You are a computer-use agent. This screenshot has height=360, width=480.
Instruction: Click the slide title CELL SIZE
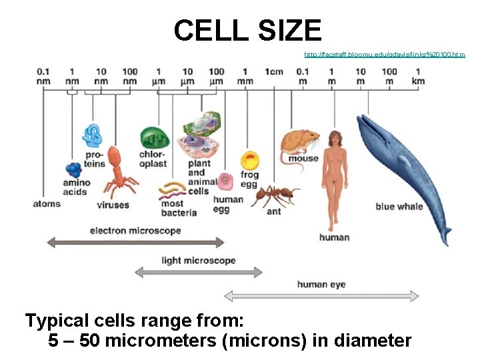coord(247,31)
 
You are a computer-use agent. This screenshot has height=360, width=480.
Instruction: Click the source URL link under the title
coord(385,54)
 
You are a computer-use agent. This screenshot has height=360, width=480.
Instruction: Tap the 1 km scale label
coord(418,76)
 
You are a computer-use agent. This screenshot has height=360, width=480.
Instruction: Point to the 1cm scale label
coord(273,71)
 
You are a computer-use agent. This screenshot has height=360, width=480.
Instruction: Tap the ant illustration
coord(274,195)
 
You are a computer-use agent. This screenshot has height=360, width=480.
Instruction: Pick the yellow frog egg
coord(249,161)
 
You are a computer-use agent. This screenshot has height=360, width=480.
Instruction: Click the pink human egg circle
coord(227,180)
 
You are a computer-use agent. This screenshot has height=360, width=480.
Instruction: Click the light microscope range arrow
coord(199,271)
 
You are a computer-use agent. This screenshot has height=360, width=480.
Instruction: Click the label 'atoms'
coord(47,204)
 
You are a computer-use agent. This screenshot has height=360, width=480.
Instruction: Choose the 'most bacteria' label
coord(179,208)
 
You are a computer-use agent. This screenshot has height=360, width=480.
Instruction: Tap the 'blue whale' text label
coord(399,207)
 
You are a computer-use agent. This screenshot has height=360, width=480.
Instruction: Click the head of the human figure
coord(333,139)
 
